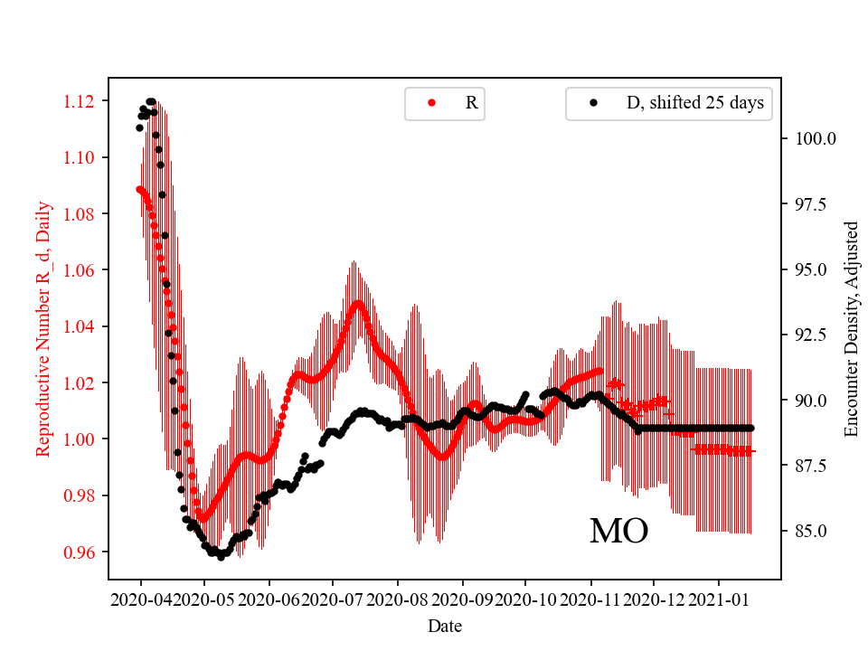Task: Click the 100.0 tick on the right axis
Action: pos(816,139)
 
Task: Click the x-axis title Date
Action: pos(444,625)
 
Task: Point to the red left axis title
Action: pos(42,328)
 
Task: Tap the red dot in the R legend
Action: pos(431,103)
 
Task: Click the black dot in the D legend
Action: pos(593,103)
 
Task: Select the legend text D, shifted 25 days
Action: pos(694,103)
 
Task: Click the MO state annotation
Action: pos(618,531)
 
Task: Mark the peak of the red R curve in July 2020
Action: pos(358,303)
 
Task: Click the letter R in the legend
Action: pos(471,103)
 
